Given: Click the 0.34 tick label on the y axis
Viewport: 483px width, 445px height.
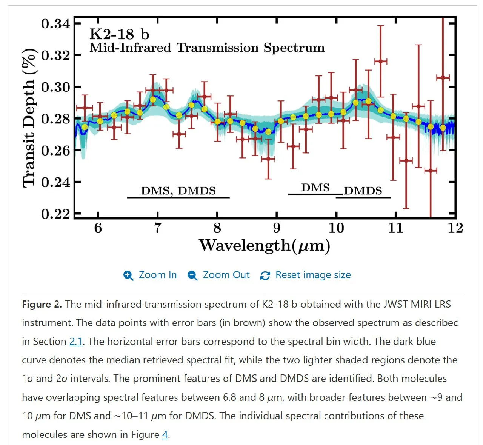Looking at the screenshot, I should coord(56,24).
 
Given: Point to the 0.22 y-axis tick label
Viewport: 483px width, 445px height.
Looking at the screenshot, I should coord(56,214).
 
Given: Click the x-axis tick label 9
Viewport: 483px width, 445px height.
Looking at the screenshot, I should coord(277,228).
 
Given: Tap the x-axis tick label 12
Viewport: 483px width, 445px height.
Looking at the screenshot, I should coord(455,228).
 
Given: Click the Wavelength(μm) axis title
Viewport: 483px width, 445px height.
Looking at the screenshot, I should coord(265,246).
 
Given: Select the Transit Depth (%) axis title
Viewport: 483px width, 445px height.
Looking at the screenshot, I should coord(29,118).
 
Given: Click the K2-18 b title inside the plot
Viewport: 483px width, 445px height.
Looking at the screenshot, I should coord(119,34).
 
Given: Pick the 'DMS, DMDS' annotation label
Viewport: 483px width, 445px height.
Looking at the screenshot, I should coord(178,191).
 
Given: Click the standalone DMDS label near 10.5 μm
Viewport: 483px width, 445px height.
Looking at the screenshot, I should coord(363,191).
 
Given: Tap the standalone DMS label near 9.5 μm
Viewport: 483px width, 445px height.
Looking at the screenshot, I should coord(315,188).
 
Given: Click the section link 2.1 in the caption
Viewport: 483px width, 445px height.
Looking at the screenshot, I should coord(76,342).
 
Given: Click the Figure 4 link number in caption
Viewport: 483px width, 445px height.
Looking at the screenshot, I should coord(165,435).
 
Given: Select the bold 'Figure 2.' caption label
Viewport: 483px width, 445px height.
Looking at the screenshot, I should coord(42,304).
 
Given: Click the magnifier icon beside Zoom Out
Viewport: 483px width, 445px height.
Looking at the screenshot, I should coord(192,276).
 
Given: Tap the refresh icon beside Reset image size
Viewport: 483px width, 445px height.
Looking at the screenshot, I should coord(265,276).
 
